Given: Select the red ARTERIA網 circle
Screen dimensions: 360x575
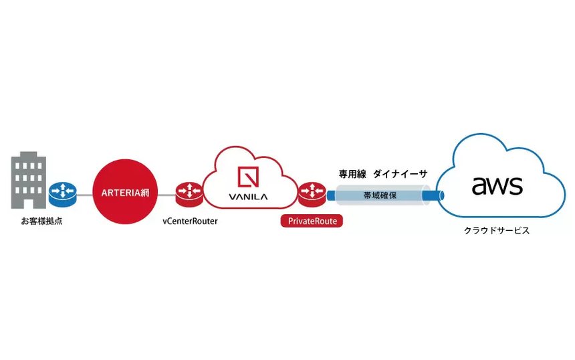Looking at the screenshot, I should [x=125, y=193].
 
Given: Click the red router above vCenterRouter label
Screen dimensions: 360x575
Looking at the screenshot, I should [x=189, y=193].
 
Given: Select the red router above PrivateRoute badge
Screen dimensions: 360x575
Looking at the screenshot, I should [x=312, y=193].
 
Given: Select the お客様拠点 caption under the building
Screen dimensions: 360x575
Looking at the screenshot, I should [x=42, y=220].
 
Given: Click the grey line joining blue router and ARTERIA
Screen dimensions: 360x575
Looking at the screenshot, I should [x=84, y=193].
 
